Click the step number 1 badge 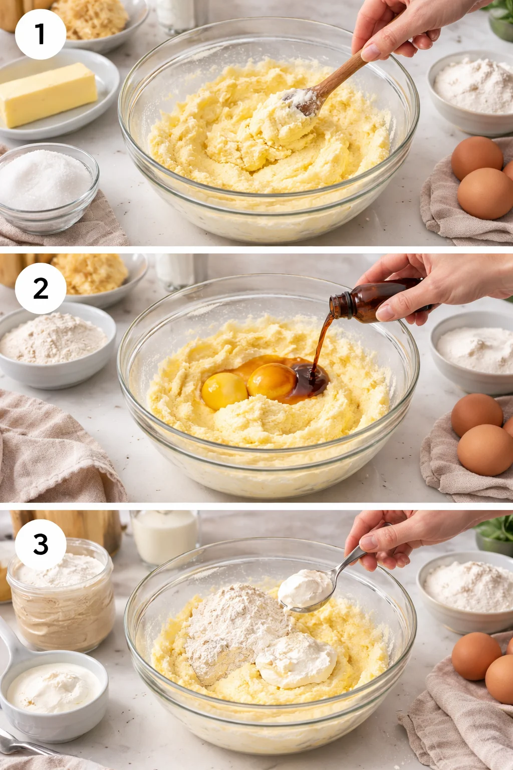(41, 35)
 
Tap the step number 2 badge (41, 288)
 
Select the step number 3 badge (41, 545)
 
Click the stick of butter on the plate (48, 94)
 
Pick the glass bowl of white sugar (48, 187)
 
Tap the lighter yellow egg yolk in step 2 (224, 391)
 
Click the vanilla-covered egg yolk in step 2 (272, 381)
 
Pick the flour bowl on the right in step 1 (471, 92)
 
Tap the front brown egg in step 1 (485, 193)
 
